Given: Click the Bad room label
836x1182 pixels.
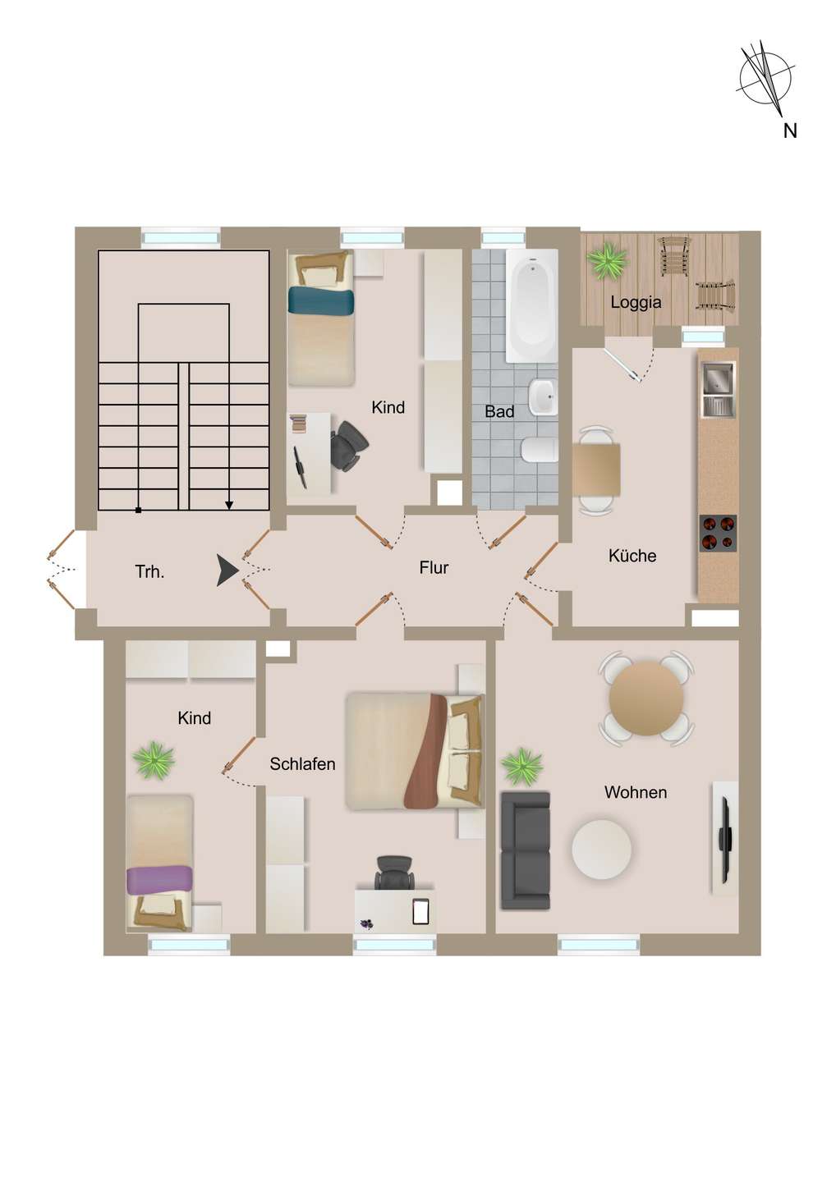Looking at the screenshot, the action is [499, 411].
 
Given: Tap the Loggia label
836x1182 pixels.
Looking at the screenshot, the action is [636, 303].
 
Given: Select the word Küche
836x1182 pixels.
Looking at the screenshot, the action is [632, 556].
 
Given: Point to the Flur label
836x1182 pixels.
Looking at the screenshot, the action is [434, 568].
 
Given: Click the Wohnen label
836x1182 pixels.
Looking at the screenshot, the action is [636, 792].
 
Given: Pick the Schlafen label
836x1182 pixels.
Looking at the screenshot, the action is [302, 763].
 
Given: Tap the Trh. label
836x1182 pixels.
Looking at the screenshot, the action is [150, 571].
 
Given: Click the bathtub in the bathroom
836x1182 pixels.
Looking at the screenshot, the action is [532, 305].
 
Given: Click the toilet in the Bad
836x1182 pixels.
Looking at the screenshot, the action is [539, 450].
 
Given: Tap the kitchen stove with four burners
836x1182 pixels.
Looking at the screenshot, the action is [718, 533].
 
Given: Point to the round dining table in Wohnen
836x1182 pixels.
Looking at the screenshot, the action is [646, 698].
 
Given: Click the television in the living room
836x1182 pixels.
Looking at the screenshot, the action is [724, 840].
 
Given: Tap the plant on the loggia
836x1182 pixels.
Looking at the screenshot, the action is [607, 259].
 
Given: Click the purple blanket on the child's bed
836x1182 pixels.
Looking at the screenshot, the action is [159, 880].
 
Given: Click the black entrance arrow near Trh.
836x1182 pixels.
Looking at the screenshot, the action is [227, 570].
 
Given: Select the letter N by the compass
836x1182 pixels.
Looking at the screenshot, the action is [789, 131].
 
